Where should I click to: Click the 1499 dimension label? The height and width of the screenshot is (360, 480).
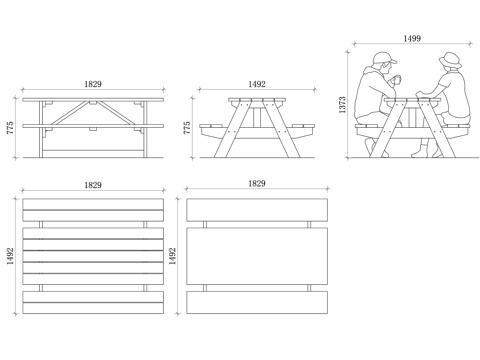(x=412, y=38)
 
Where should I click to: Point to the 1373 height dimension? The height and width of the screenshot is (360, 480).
(x=342, y=105)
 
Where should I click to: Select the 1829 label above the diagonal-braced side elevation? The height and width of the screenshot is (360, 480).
(x=93, y=84)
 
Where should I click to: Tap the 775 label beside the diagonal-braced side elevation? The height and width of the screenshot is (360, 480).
(x=10, y=128)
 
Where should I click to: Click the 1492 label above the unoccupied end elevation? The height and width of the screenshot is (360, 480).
(x=257, y=84)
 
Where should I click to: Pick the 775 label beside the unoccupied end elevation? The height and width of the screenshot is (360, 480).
(x=187, y=128)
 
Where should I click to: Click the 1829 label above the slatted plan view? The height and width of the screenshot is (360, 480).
(x=93, y=185)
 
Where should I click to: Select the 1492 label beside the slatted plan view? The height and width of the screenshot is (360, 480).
(x=10, y=256)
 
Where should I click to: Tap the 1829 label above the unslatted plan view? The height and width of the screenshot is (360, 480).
(x=257, y=183)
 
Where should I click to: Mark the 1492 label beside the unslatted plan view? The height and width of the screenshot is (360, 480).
(x=172, y=256)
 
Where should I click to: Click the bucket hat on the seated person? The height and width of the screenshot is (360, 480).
(x=450, y=61)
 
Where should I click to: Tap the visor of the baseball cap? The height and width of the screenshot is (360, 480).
(x=392, y=61)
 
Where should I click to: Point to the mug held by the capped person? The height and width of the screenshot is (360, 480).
(x=397, y=80)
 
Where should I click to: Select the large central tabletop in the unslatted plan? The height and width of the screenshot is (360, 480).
(x=257, y=256)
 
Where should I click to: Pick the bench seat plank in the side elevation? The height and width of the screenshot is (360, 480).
(x=93, y=126)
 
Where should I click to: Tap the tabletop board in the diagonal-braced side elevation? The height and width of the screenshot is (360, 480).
(x=93, y=99)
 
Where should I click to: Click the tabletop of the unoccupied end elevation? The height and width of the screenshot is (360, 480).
(x=257, y=99)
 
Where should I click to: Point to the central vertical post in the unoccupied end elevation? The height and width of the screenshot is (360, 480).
(x=257, y=118)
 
